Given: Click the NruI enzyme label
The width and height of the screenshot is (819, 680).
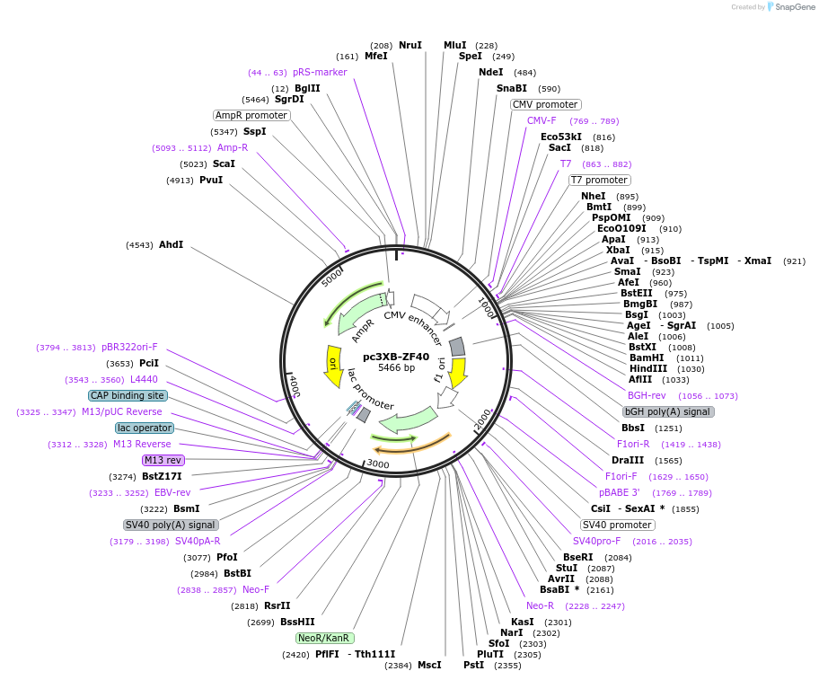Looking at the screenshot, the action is pos(410,45).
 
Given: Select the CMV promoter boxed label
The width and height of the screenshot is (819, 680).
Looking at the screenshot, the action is pos(545,104).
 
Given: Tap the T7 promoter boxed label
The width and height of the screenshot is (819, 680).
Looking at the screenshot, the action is pos(599,180).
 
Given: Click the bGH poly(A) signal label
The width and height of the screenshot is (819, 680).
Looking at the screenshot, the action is pos(668,411).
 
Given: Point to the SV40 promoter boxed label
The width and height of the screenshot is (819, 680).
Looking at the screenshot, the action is pos(617,525).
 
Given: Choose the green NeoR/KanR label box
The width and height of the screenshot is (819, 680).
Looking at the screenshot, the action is pos(323,638).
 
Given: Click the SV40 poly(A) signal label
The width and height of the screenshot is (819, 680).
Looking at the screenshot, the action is pos(171,525).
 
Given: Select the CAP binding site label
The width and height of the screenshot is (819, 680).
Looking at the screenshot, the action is pos(128,395).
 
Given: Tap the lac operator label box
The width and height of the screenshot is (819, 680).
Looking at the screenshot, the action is pos(144,428).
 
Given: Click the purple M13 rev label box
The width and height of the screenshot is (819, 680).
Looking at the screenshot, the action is pos(163,460).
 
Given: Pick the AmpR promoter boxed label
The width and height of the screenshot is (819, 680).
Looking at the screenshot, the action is pos(251,115).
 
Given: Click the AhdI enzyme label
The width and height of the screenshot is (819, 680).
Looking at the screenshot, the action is pos(171,244).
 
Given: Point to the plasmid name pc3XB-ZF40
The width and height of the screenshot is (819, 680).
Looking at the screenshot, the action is pos(396,357).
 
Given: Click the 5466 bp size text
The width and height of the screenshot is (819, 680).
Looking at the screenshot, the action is pos(396,368).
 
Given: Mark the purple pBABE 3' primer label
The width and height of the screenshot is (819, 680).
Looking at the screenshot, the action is pos(620,492).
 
